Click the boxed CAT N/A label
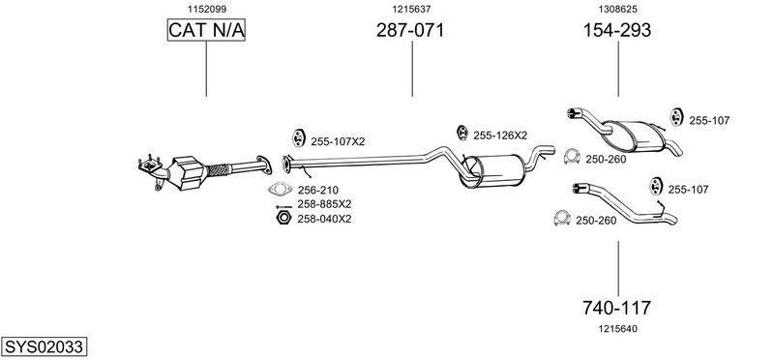click(x=206, y=30)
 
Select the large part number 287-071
click(x=410, y=30)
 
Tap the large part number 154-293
click(x=617, y=30)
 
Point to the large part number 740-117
click(x=616, y=308)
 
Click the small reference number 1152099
click(x=206, y=9)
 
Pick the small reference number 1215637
click(x=412, y=9)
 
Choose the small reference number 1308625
click(x=617, y=9)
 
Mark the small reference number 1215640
click(x=617, y=328)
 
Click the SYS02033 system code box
click(x=44, y=346)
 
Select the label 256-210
click(x=318, y=190)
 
